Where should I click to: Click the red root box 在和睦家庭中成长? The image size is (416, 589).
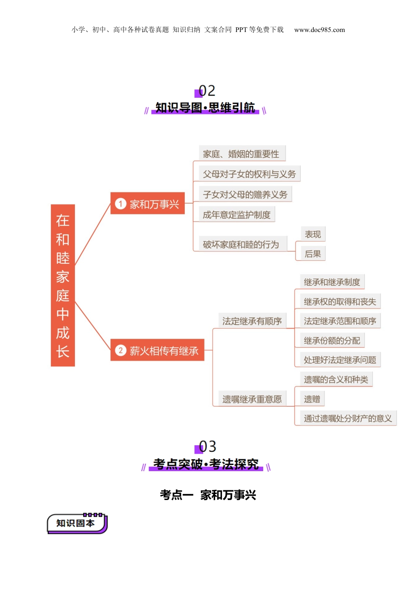(x=63, y=285)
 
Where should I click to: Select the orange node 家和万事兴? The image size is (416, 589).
(x=148, y=204)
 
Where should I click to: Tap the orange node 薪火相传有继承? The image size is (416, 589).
(x=157, y=351)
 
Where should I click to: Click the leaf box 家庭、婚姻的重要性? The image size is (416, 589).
(x=242, y=154)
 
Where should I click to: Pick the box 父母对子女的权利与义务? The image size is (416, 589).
(x=249, y=174)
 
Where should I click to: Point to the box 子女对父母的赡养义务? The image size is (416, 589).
(x=245, y=195)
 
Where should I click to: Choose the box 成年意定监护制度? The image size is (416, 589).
(x=237, y=215)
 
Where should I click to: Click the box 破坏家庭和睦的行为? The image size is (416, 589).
(x=240, y=244)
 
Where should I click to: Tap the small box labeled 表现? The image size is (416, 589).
(x=313, y=234)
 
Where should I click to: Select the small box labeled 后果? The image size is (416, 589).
(x=313, y=254)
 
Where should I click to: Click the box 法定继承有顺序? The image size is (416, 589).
(x=252, y=321)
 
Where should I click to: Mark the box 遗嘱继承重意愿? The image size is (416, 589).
(x=252, y=399)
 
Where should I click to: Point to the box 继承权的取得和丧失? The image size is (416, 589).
(x=340, y=302)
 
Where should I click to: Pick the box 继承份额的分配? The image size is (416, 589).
(x=332, y=341)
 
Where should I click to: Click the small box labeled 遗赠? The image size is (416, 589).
(x=312, y=399)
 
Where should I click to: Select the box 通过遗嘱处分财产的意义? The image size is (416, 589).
(x=348, y=419)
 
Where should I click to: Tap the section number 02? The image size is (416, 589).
(x=207, y=91)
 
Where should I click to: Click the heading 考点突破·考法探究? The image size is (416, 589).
(x=206, y=464)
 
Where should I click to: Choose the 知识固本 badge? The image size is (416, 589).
(x=77, y=523)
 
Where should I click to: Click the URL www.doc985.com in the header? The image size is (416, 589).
(x=319, y=30)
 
